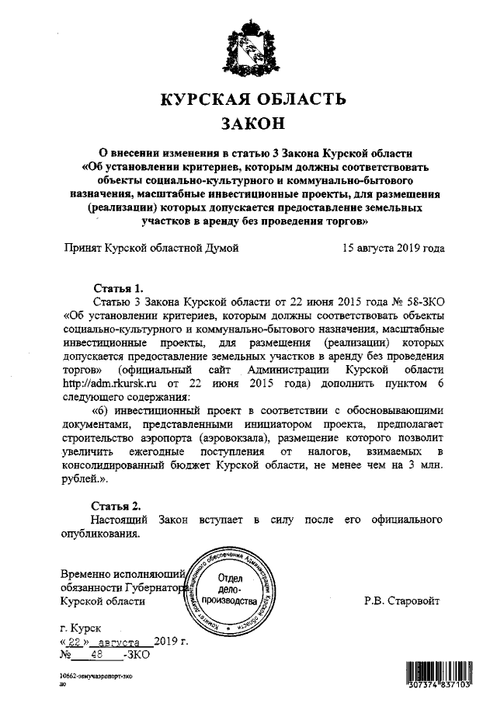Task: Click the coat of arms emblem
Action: (248, 49)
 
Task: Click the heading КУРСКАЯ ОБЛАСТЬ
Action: (249, 100)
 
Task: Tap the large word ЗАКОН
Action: (248, 124)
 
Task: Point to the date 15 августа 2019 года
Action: (393, 249)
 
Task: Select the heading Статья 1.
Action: (116, 287)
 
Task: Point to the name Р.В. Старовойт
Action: (403, 600)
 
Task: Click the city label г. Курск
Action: (79, 627)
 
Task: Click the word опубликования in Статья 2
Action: (101, 534)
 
